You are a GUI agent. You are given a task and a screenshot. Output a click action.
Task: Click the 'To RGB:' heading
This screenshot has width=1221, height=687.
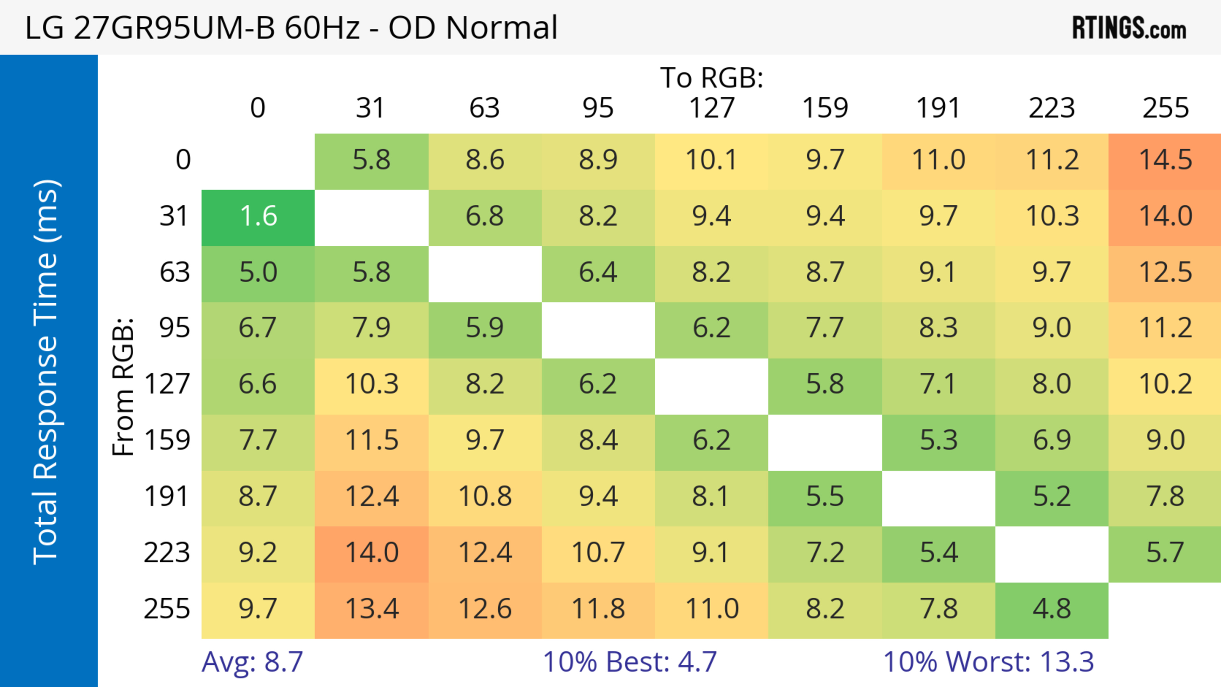point(712,78)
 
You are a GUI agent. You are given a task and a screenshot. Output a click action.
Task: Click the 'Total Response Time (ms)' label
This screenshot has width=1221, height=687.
point(46,372)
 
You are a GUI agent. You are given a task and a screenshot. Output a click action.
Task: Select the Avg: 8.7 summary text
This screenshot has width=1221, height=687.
point(252,662)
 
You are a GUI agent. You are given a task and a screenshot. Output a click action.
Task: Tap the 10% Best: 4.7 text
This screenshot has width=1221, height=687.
point(630,662)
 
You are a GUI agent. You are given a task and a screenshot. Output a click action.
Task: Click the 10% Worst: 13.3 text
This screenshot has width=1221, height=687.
point(988,662)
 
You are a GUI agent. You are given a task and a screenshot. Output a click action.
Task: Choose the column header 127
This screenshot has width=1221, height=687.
point(712,108)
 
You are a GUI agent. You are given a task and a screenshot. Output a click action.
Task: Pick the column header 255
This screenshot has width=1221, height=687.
point(1165,108)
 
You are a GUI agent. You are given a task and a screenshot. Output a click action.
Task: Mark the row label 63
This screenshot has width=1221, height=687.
point(175,273)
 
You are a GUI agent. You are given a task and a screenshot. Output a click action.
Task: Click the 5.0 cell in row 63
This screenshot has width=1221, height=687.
point(258,273)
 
